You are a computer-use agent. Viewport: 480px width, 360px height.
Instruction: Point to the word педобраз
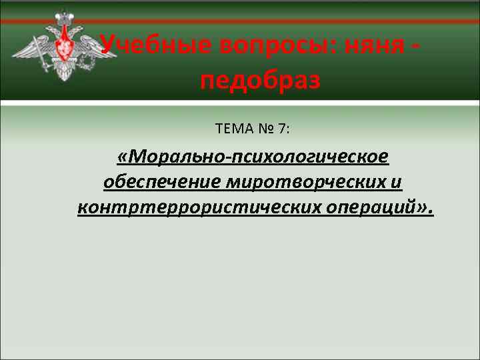[260, 81]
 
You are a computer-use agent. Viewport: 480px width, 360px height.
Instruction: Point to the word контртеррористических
[199, 207]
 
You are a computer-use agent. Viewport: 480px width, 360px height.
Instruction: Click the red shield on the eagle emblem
[64, 48]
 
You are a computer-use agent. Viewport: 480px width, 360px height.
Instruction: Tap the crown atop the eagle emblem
[64, 15]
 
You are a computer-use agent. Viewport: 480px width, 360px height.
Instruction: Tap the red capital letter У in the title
[109, 45]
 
